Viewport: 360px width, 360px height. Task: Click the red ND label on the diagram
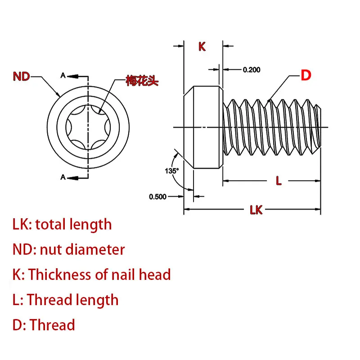21,76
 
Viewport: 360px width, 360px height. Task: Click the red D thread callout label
306,76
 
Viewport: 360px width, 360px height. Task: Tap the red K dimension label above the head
202,46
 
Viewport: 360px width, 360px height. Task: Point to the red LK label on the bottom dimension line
256,210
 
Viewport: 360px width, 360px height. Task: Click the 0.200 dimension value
252,70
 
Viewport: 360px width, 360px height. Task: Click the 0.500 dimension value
157,196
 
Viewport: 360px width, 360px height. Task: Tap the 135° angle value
172,171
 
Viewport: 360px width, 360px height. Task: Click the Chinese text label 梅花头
142,81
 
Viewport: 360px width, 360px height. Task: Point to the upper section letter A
63,76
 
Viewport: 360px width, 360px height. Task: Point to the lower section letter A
63,177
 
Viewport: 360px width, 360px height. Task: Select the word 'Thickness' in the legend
59,274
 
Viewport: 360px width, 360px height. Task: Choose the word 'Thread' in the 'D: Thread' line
52,325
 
